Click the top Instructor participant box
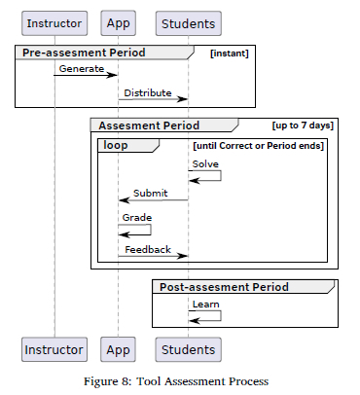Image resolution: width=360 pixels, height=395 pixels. click(54, 22)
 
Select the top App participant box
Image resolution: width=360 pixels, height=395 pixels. click(119, 22)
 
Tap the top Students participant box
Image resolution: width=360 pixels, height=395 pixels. click(188, 22)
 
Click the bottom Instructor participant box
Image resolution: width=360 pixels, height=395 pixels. click(54, 348)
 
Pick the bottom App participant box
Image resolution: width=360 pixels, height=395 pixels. click(119, 348)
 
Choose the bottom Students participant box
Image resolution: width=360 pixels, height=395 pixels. click(188, 348)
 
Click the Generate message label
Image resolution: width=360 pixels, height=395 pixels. click(82, 69)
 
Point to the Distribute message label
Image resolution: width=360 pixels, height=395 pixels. click(148, 92)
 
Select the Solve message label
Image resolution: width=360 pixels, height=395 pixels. click(204, 164)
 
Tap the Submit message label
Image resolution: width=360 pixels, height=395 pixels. click(151, 193)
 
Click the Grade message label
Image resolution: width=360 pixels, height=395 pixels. click(136, 217)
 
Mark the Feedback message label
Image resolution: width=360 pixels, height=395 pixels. click(148, 250)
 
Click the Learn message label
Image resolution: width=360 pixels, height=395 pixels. click(205, 305)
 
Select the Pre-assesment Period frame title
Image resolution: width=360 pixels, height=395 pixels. click(84, 53)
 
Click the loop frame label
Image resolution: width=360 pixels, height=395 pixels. click(119, 145)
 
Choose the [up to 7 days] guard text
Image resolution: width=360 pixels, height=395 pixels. click(303, 126)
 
